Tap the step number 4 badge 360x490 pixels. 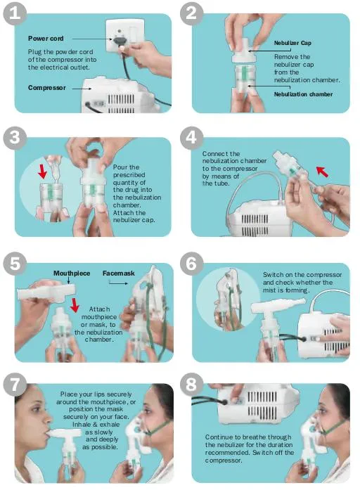pos(191,137)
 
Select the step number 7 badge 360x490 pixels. pos(15,384)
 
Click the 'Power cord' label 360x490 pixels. pos(46,39)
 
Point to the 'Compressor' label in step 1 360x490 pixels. pos(47,88)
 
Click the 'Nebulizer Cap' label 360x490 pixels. pos(292,43)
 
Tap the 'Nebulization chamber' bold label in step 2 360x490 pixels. pos(303,94)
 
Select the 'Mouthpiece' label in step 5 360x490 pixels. pos(72,273)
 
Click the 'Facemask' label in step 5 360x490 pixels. pos(118,273)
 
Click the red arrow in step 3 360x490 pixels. pos(42,171)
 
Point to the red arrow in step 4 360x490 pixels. pos(322,172)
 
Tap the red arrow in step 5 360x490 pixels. pos(75,305)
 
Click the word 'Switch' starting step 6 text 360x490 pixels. pos(273,275)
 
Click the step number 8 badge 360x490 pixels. pos(191,384)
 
